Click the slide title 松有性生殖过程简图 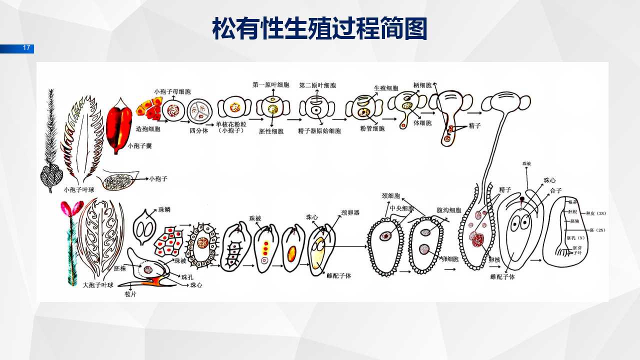[x=319, y=29]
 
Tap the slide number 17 [x=26, y=48]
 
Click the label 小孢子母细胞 [x=172, y=91]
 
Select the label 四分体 [x=198, y=130]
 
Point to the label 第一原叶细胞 [x=271, y=85]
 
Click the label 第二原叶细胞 [x=317, y=85]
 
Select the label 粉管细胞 [x=372, y=128]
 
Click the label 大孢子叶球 [x=98, y=285]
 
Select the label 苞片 [x=130, y=294]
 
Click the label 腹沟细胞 [x=449, y=210]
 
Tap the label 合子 [x=556, y=190]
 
